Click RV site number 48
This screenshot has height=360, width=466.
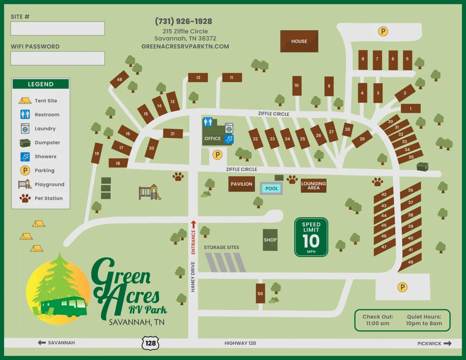120,80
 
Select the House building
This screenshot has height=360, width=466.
299,41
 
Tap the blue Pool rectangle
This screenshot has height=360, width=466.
271,188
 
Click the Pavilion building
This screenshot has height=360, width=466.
242,184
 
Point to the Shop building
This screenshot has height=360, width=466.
270,240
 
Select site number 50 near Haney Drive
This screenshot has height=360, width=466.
260,293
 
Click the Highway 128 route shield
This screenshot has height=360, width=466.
150,343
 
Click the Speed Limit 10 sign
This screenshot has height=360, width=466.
311,237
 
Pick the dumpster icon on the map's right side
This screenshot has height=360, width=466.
422,167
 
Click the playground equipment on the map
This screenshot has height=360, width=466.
150,192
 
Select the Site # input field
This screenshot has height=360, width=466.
57,29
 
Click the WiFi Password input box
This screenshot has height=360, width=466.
57,58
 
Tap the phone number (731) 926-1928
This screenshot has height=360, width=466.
184,21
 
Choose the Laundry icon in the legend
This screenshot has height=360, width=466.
25,129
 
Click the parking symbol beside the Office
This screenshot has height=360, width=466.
218,155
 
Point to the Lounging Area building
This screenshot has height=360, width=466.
313,186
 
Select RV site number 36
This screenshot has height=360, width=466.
410,190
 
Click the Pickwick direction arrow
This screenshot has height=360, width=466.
447,343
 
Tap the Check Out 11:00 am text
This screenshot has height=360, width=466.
378,320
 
